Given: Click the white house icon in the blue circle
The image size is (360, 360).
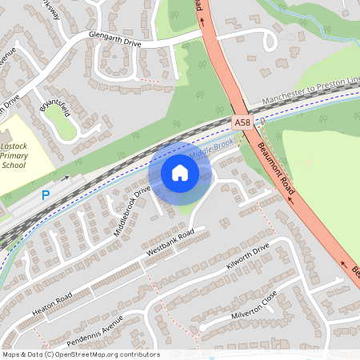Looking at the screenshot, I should click(180, 172).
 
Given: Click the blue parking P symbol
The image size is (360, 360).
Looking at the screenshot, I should click(45, 194).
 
